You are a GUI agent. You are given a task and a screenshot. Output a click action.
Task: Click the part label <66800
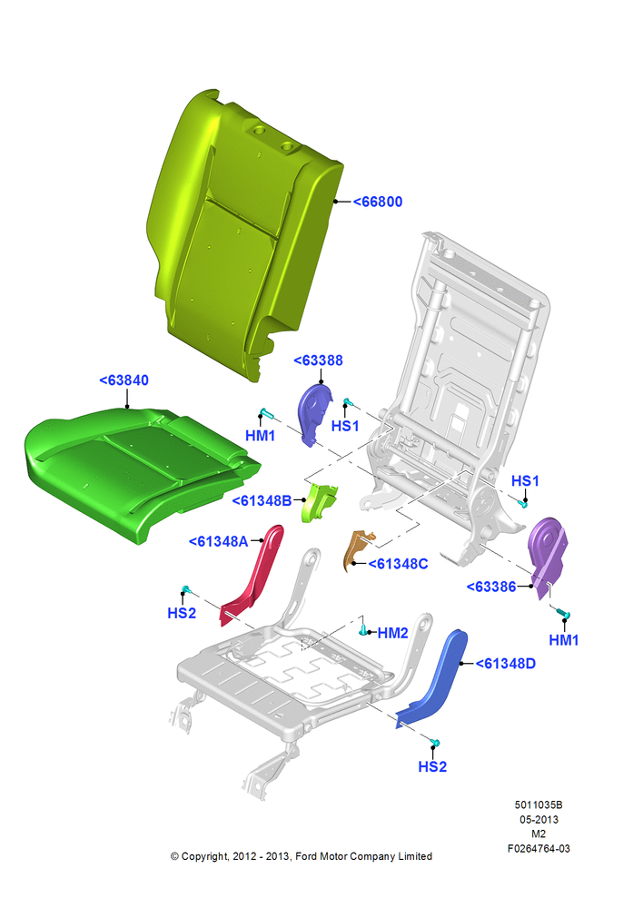tap(378, 202)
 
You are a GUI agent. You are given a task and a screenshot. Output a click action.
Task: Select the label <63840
tap(124, 380)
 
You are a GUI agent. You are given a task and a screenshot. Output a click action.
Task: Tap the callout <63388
tap(318, 360)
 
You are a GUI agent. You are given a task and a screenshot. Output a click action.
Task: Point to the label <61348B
tap(262, 501)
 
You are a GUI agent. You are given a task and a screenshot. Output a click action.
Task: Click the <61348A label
tap(218, 541)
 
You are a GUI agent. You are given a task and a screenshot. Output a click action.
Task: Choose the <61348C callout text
tap(398, 564)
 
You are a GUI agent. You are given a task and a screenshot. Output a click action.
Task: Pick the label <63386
tap(491, 587)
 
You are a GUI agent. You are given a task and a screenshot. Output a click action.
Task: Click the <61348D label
tap(505, 664)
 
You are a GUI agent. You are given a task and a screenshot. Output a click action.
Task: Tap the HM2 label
tap(392, 633)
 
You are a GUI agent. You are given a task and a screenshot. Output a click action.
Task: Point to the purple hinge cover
tap(546, 553)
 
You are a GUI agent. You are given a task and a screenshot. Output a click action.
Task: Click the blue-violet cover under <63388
tap(313, 412)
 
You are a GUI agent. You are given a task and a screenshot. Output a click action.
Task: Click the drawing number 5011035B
tap(539, 804)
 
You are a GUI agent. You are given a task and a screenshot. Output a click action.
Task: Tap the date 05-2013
tap(539, 819)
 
